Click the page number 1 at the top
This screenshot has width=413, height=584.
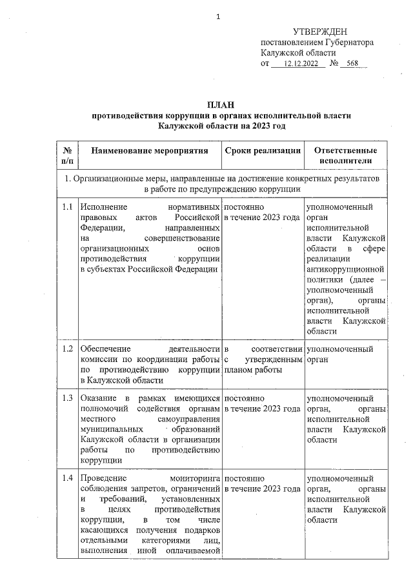click(x=219, y=17)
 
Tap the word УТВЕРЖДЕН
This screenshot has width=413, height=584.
click(x=320, y=32)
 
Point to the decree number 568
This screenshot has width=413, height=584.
click(x=352, y=64)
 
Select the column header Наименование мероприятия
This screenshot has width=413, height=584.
click(x=149, y=150)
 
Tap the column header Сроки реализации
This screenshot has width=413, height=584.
click(x=263, y=150)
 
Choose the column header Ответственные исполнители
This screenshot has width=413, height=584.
click(x=347, y=156)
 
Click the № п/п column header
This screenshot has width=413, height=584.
click(x=67, y=156)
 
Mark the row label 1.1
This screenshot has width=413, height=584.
click(x=67, y=208)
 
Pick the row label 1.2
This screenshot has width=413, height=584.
click(x=67, y=349)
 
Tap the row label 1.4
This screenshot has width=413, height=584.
click(x=67, y=479)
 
